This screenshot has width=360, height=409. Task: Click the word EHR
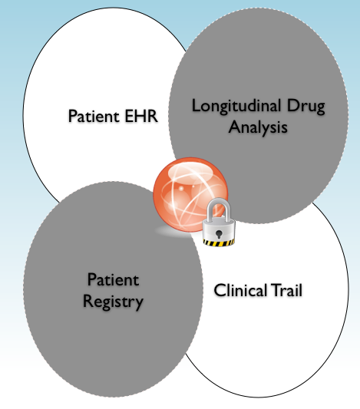tap(141, 116)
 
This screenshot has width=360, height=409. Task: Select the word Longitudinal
tap(236, 107)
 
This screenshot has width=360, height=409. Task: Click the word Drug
tap(306, 107)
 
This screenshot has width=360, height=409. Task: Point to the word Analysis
tap(258, 127)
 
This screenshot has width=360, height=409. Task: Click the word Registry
tap(113, 302)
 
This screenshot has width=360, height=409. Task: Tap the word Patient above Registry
tap(113, 279)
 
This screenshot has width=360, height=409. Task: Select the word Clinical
tap(240, 290)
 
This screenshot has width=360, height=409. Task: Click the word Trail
tap(286, 290)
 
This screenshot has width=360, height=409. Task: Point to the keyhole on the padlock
tap(219, 234)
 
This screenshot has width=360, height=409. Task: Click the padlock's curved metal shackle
tap(220, 208)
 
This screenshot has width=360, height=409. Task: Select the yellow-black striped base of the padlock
tap(219, 243)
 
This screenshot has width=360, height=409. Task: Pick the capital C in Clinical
tap(220, 290)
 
